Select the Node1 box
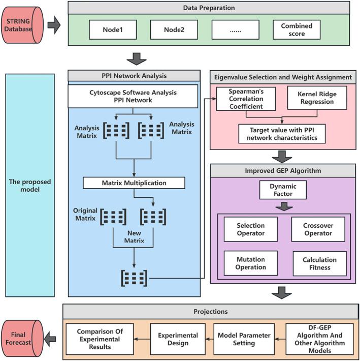pos(113,29)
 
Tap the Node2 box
pos(174,29)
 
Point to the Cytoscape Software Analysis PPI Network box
pos(133,96)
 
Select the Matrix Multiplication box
pos(134,183)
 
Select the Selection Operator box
pos(250,229)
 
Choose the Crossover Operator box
pos(318,229)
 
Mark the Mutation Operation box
pos(250,263)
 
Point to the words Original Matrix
pos(86,215)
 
